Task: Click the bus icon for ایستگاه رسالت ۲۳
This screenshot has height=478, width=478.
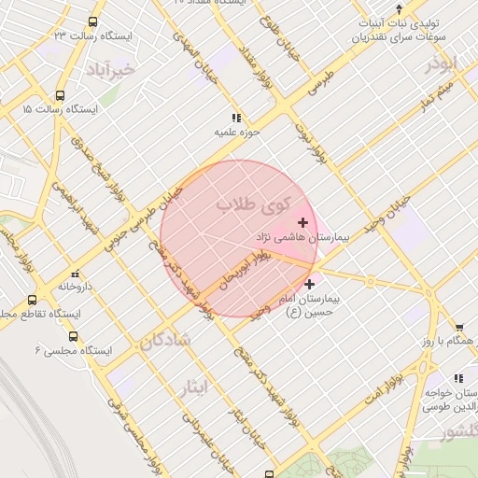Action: [x=92, y=21]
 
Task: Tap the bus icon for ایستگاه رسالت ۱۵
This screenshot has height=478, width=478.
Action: [x=61, y=95]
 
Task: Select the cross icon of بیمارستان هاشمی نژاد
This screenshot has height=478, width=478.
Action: [x=302, y=222]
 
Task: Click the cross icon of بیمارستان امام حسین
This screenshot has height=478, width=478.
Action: [x=309, y=282]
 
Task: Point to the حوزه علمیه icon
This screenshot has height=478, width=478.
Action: [x=235, y=118]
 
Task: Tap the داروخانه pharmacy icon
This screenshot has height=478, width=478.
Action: [x=74, y=275]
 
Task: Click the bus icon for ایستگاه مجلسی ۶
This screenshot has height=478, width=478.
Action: [x=74, y=336]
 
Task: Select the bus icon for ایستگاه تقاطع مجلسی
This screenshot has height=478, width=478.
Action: [x=33, y=301]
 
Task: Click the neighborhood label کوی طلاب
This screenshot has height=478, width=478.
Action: [x=254, y=203]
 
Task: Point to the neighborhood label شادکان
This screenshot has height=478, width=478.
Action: [x=167, y=342]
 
